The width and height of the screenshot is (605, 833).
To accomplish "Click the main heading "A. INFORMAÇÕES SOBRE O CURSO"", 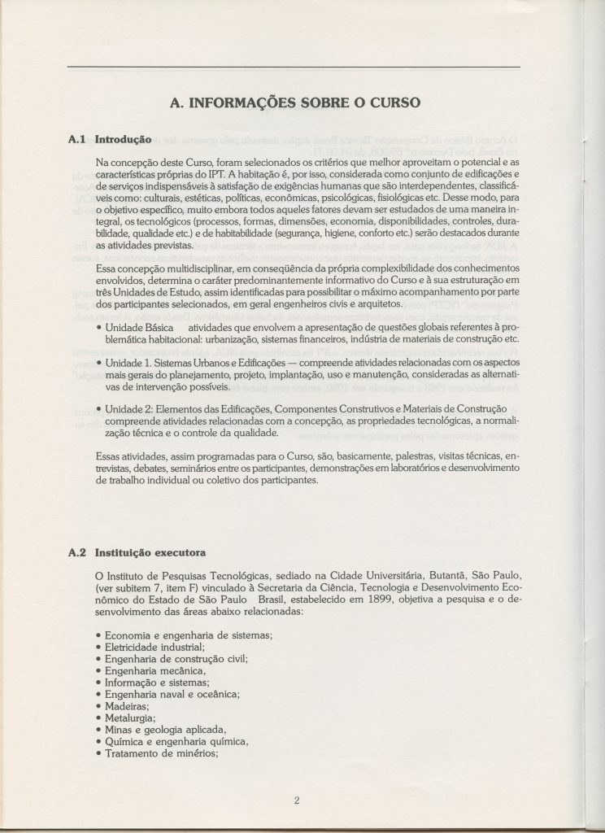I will click(294, 103).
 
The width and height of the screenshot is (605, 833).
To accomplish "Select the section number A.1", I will click(77, 139).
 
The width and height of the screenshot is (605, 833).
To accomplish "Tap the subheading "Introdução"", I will click(122, 139).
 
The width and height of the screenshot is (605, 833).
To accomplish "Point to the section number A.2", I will click(77, 555).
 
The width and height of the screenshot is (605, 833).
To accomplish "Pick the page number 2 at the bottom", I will click(298, 800).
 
